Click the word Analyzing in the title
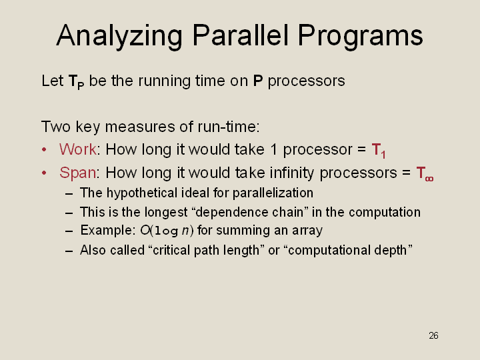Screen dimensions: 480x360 click(119, 36)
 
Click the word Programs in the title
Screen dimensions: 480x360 click(360, 36)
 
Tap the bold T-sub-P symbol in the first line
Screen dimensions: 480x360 click(76, 82)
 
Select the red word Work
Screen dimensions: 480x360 click(78, 149)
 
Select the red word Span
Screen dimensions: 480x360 click(78, 173)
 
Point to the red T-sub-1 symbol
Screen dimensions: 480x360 click(379, 151)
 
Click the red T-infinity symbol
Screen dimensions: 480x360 click(425, 173)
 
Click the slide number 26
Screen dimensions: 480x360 click(433, 335)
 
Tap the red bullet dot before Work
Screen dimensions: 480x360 click(44, 150)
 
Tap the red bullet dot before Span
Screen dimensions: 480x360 click(44, 173)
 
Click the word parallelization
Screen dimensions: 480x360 click(273, 193)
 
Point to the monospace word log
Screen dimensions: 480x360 click(166, 231)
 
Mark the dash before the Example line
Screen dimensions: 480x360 click(69, 231)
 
